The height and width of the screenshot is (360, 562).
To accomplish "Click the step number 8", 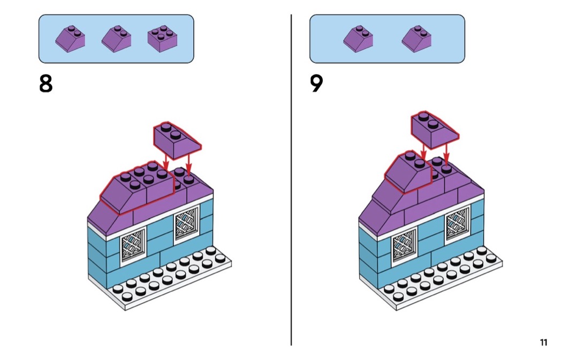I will pyautogui.click(x=46, y=84).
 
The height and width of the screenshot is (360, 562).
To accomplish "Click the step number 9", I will pyautogui.click(x=317, y=84).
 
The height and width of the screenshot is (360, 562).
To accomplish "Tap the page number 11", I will pyautogui.click(x=543, y=342).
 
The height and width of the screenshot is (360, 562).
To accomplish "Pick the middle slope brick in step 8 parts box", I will pyautogui.click(x=117, y=39).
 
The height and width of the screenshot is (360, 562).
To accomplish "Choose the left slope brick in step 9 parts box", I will pyautogui.click(x=358, y=39).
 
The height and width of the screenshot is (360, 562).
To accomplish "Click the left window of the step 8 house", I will pyautogui.click(x=133, y=245).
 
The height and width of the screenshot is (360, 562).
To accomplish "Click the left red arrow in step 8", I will pyautogui.click(x=166, y=162).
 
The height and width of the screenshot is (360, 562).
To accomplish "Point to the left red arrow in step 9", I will pyautogui.click(x=423, y=151).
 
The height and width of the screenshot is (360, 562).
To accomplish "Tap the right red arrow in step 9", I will pyautogui.click(x=446, y=155).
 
